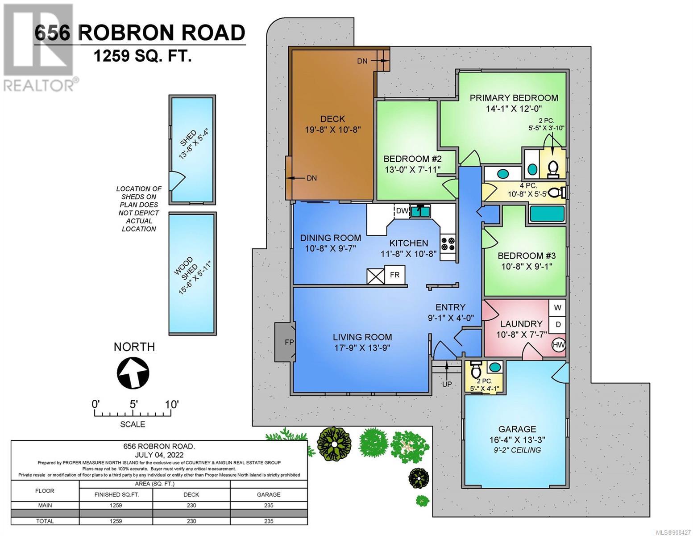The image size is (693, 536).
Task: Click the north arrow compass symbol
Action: coord(133,372)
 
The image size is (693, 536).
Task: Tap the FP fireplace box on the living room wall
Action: coord(285,342)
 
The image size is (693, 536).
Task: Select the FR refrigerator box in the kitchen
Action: coord(394,274)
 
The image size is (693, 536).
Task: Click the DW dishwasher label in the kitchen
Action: coord(402,211)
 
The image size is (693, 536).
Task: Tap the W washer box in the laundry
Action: coord(557,308)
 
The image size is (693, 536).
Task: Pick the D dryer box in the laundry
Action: coord(557,324)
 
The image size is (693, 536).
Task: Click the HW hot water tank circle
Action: coord(559,345)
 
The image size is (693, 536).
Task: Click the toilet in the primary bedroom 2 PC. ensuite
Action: coord(553,168)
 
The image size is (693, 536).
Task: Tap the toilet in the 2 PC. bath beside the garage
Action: coord(476,369)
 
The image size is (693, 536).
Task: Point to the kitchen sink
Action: coord(420,211)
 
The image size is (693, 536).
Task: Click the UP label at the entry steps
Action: coord(447,385)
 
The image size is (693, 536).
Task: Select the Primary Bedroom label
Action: coord(514,98)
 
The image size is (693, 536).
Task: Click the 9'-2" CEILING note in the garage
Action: coord(517,450)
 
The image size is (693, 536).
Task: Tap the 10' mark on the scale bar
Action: coord(171,405)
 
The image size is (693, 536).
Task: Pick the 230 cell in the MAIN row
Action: coord(191,505)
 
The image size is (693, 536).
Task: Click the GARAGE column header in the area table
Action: coord(269,494)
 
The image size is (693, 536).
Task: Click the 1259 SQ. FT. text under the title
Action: coord(142,57)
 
